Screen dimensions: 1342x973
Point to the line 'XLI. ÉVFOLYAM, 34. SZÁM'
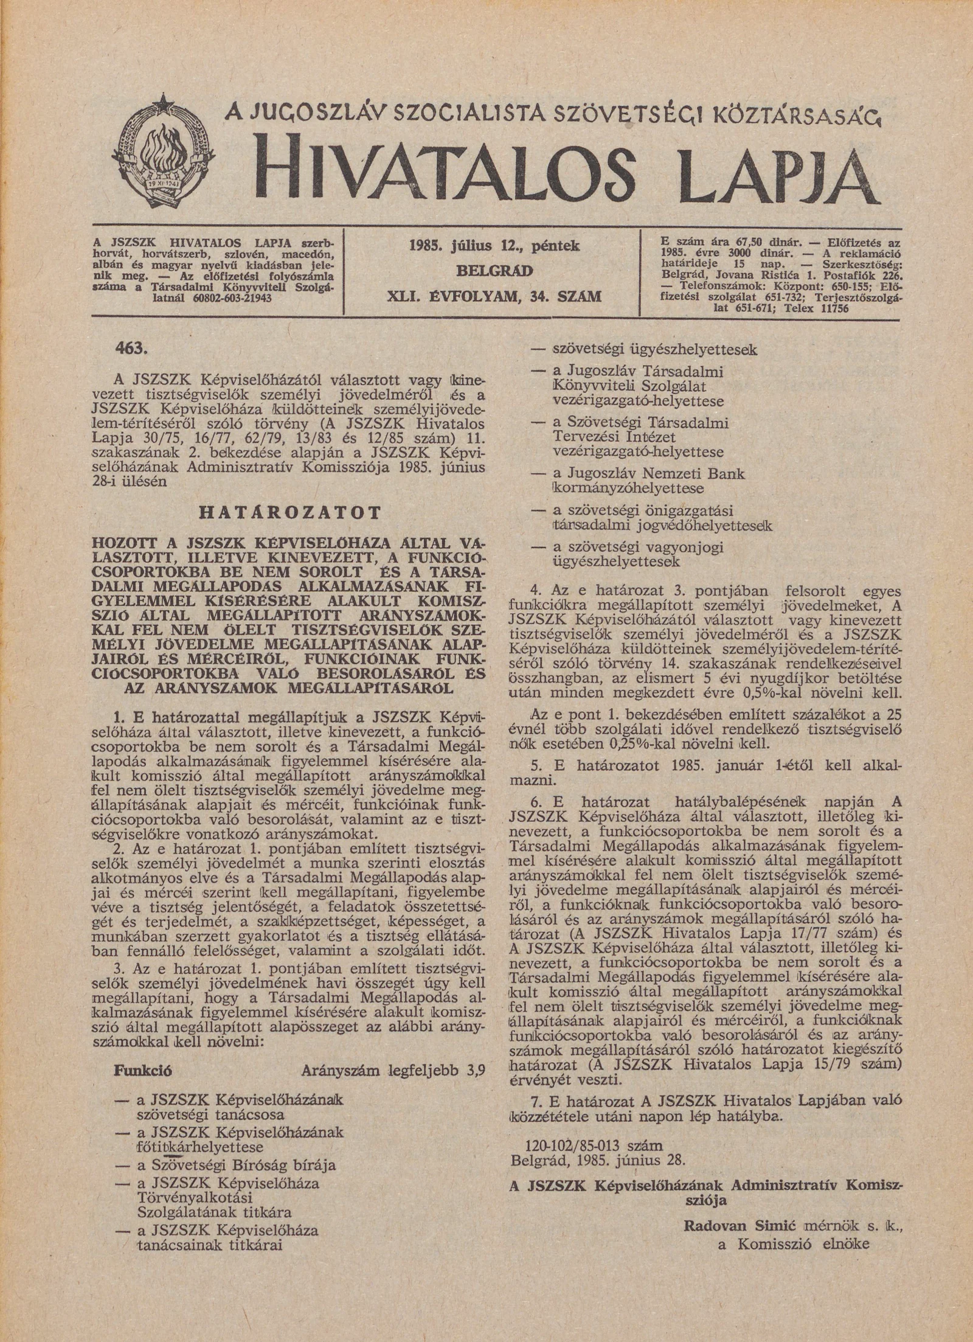coord(494,297)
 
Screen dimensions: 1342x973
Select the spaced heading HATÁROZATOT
coord(289,512)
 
